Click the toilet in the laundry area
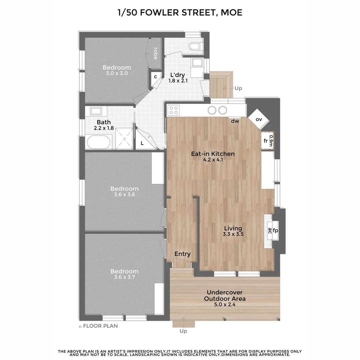[195, 46]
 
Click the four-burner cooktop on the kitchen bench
[174, 110]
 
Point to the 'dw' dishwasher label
[235, 121]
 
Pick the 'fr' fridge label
[266, 141]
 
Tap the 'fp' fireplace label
[275, 231]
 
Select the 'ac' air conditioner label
[269, 231]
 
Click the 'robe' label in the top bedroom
[155, 53]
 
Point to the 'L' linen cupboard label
[142, 143]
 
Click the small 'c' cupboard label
[155, 76]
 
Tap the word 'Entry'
[182, 254]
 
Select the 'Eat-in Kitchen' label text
[213, 154]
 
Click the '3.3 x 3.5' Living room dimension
[233, 234]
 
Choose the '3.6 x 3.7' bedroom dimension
[124, 277]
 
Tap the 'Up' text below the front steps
[183, 331]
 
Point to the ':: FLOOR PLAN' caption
[98, 326]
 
